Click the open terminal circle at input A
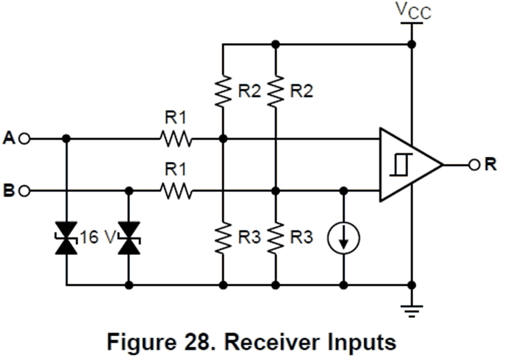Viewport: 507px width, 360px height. click(x=24, y=139)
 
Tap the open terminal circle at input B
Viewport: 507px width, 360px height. click(x=24, y=191)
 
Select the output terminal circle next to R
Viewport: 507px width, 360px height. click(x=474, y=165)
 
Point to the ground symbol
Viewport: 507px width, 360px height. click(x=411, y=311)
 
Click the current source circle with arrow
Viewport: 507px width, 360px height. click(x=344, y=238)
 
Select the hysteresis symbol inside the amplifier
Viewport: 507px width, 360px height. click(x=401, y=165)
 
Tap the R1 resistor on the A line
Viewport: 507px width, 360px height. click(x=176, y=139)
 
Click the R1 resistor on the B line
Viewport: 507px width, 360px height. click(x=176, y=191)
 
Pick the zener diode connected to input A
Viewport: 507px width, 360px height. click(x=66, y=238)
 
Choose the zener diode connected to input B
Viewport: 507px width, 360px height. click(x=129, y=238)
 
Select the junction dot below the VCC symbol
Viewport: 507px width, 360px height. click(x=411, y=44)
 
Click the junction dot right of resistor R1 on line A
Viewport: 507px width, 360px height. click(x=223, y=139)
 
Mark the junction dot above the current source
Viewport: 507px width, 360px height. click(x=344, y=191)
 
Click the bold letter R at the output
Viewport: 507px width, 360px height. click(x=491, y=164)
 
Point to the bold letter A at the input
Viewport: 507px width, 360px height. click(x=9, y=138)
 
